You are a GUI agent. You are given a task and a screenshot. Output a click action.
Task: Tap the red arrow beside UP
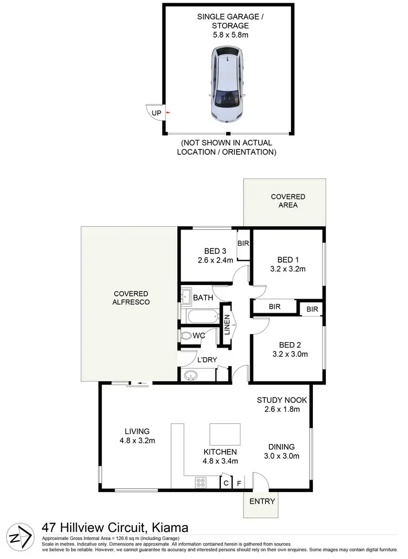click(x=168, y=113)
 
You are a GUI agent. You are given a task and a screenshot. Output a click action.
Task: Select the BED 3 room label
click(x=215, y=251)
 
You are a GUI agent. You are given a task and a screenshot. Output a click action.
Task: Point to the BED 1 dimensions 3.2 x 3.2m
click(x=288, y=269)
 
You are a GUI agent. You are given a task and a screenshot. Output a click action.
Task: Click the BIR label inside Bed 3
click(x=243, y=243)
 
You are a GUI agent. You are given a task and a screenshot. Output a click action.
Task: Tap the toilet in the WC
click(x=187, y=336)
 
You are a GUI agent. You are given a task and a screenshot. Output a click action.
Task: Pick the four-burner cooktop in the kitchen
click(x=200, y=482)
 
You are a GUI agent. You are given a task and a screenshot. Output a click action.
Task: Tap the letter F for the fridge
click(x=238, y=483)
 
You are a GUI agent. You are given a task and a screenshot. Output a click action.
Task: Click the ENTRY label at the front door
click(x=262, y=501)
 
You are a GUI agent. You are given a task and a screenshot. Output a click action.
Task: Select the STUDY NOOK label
click(x=282, y=400)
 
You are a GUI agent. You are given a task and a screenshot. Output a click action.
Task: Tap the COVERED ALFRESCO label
click(x=131, y=297)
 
